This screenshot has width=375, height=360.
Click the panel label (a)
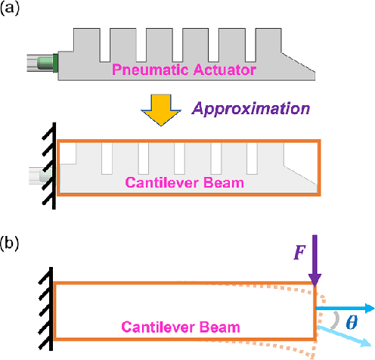point(13,10)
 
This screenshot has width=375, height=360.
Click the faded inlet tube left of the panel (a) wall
point(41,178)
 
